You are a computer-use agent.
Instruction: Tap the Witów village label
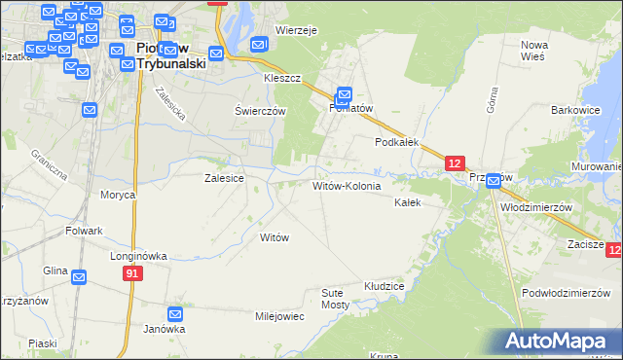tap(274, 237)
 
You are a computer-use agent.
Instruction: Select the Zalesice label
tap(223, 179)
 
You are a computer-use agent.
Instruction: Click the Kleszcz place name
tap(281, 77)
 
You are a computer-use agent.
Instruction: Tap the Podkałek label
tap(397, 142)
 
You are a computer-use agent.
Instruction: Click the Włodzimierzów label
tap(535, 208)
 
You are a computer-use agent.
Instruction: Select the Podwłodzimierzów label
tap(559, 294)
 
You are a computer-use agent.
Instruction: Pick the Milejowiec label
tap(280, 317)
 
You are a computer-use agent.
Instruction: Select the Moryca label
tap(118, 195)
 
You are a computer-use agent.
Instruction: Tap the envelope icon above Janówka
tap(175, 314)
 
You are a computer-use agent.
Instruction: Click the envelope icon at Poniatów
tap(344, 95)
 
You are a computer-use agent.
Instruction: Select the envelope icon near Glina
tap(79, 277)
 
